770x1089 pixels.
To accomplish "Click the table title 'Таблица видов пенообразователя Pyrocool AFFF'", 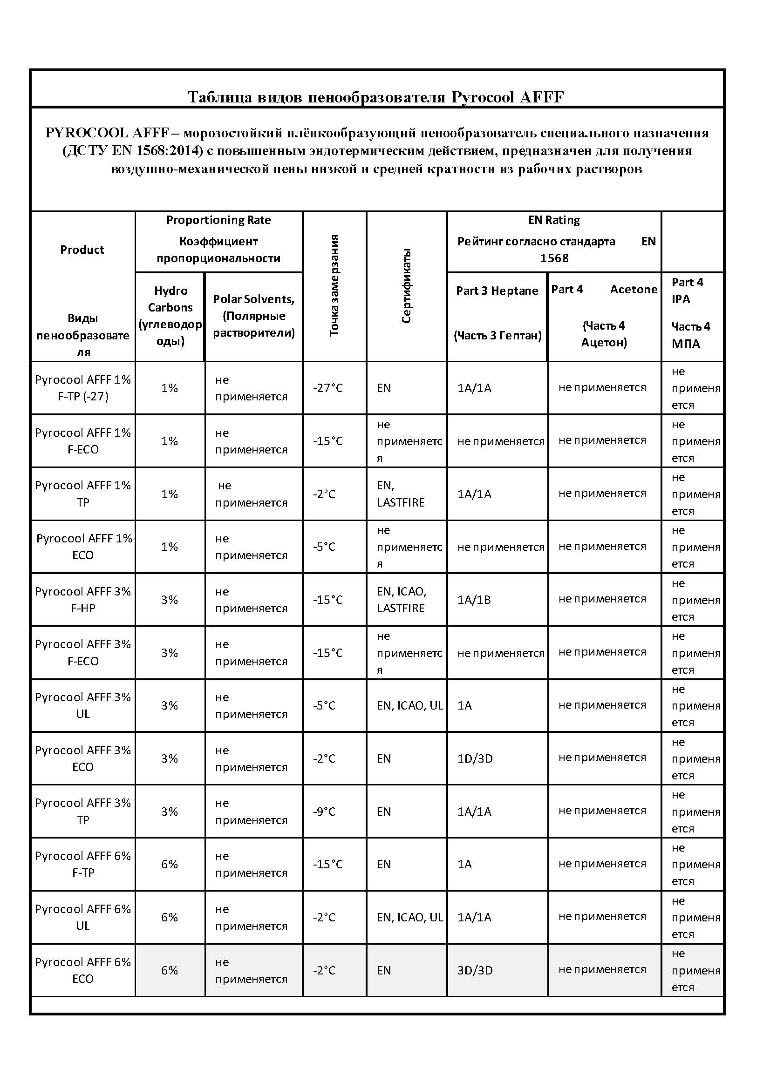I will [376, 97].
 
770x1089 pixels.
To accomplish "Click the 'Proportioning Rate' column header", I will [218, 220].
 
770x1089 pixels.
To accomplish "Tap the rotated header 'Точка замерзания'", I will [334, 285].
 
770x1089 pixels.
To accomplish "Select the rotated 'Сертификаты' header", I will [406, 285].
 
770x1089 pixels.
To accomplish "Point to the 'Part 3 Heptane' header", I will [497, 291].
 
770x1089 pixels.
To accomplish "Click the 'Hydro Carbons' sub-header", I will [170, 299].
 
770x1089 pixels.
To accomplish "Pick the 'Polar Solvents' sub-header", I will [253, 299].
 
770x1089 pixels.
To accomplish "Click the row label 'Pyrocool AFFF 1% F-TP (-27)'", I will [83, 388].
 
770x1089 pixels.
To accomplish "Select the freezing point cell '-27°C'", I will [327, 388].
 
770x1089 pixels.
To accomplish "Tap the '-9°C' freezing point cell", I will [325, 812].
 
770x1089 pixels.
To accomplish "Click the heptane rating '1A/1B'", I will [474, 600].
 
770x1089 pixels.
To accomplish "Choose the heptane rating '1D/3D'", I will [475, 758].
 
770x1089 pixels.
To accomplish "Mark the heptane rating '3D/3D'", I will [475, 970].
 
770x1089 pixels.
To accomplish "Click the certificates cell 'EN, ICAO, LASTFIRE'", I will [402, 600].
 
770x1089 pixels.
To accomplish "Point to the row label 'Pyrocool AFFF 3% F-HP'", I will [83, 600].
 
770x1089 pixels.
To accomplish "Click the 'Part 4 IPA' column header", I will [687, 291].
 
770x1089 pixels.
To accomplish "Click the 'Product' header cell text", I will [82, 250].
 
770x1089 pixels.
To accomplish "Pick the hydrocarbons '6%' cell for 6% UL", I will [170, 917].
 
